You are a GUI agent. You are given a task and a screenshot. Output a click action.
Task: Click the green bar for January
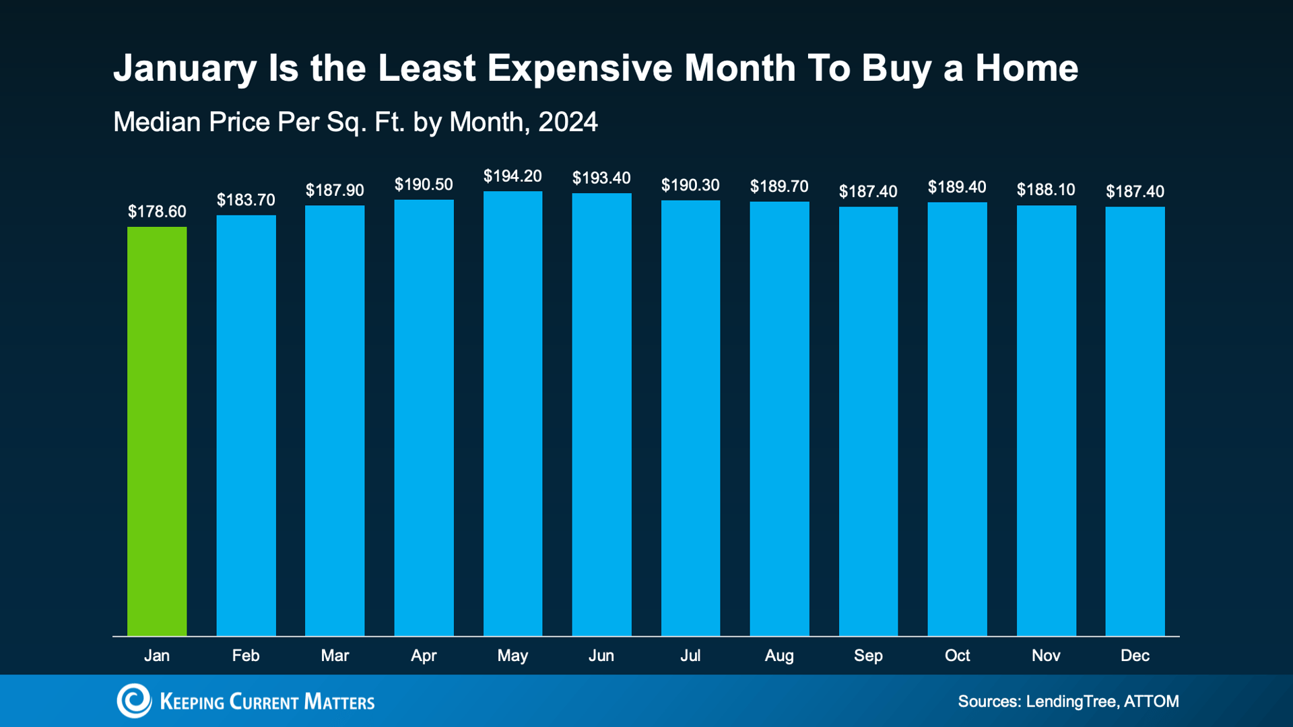[157, 431]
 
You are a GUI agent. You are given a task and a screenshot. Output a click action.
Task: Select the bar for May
[512, 413]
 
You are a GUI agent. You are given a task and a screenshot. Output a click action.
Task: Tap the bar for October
[957, 419]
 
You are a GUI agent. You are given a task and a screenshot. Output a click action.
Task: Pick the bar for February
[246, 425]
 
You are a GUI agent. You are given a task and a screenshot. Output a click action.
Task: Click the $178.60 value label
[157, 212]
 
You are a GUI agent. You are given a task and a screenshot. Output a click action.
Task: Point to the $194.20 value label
[512, 176]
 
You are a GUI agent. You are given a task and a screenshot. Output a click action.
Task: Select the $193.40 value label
[601, 178]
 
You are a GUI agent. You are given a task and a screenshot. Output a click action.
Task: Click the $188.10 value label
[1046, 190]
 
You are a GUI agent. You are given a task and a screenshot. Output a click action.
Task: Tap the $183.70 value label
[246, 200]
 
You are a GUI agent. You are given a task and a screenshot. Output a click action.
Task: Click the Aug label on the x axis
[779, 656]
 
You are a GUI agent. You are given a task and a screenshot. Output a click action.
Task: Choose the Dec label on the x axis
[1135, 656]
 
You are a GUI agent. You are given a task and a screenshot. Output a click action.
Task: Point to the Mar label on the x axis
[335, 656]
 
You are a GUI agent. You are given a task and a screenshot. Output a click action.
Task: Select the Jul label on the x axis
[690, 656]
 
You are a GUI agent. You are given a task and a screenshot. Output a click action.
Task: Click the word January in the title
[185, 69]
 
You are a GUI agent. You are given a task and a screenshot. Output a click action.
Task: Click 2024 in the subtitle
[568, 123]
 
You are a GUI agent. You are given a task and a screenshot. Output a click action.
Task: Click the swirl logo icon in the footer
[134, 701]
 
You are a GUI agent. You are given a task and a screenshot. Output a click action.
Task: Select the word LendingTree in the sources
[1070, 701]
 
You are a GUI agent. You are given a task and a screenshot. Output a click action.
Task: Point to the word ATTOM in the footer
[1152, 701]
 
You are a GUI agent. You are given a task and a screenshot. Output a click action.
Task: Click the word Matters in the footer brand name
[339, 702]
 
